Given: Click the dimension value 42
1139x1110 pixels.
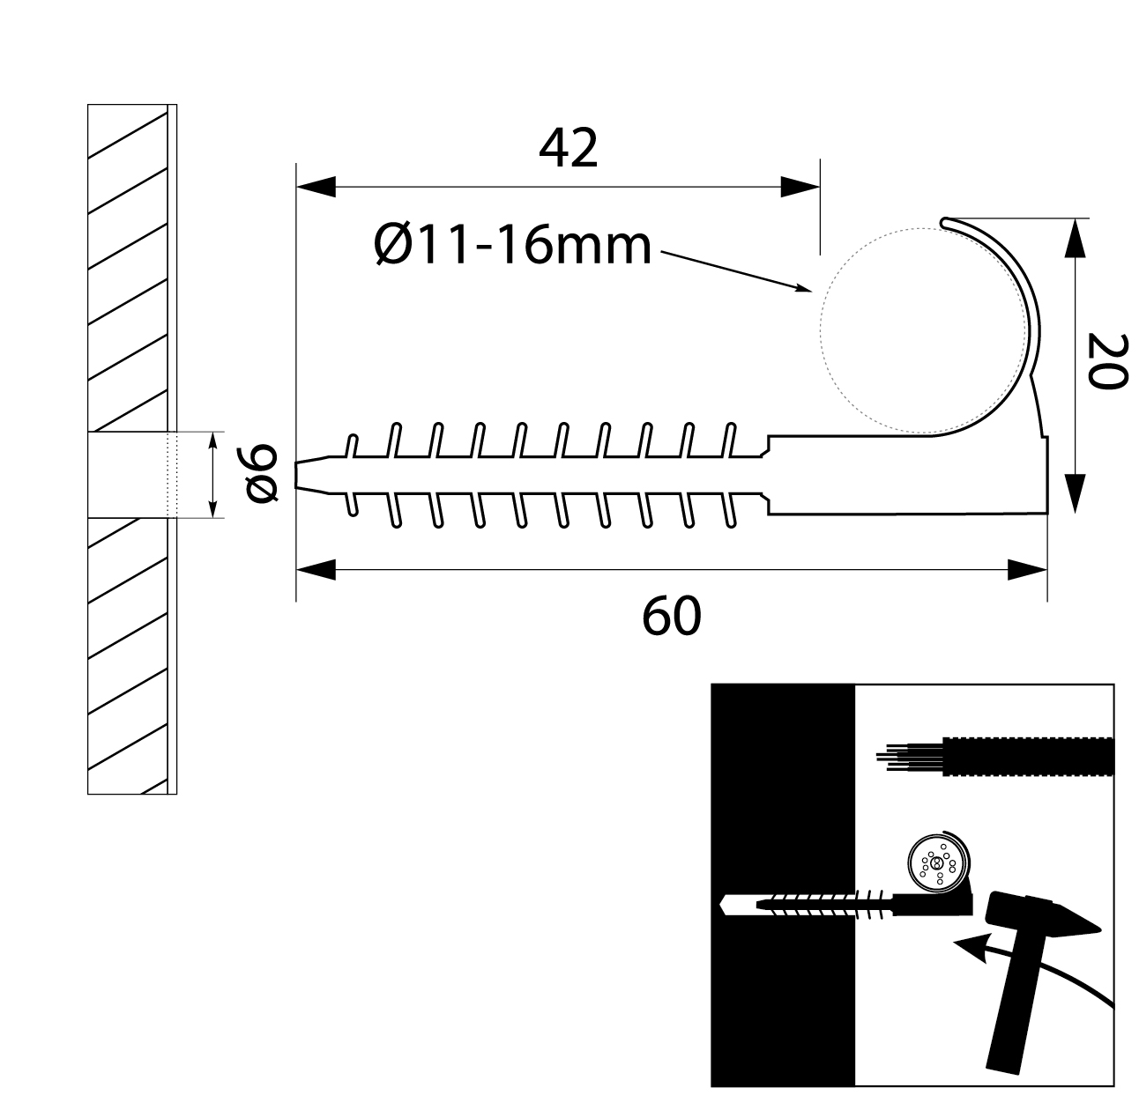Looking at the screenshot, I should coord(569,148).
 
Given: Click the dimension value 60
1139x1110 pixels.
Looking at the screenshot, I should coord(671,616).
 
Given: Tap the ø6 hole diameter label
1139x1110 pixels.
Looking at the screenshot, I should coord(262,474).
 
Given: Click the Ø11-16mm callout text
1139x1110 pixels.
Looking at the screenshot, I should coord(512,246).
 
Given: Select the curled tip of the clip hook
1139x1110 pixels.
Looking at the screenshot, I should coord(945,222).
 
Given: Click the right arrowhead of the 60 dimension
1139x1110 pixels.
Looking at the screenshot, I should coord(1028,570).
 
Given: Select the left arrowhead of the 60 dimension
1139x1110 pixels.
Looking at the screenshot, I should coord(316,570).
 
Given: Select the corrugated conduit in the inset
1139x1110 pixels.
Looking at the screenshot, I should coord(1027,755).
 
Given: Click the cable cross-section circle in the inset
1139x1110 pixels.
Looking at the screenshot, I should coord(936,864).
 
